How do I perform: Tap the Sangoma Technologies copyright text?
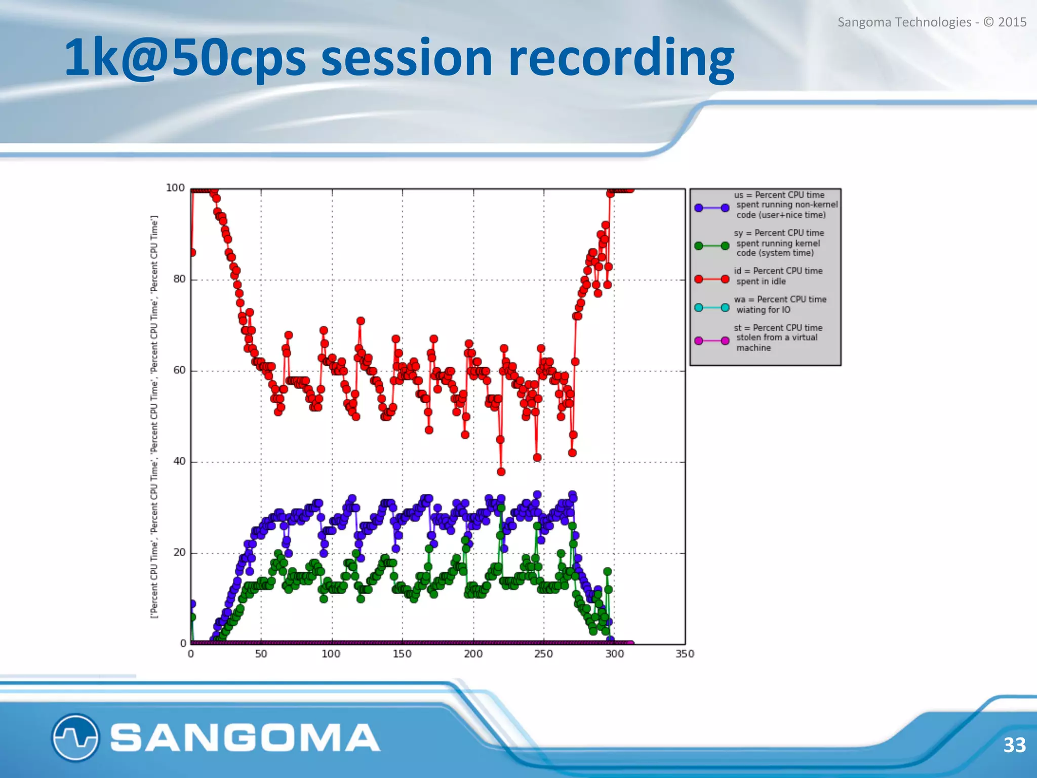932,22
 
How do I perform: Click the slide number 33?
1014,745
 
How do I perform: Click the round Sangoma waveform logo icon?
75,737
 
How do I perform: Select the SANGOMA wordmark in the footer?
245,737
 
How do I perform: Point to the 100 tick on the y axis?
175,188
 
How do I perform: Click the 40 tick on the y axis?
179,461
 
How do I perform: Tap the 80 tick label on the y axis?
179,279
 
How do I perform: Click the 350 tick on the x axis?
685,654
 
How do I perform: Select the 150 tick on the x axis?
402,654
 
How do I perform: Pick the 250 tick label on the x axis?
543,654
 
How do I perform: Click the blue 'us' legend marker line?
711,208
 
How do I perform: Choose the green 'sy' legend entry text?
779,243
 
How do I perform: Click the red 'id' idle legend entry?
778,276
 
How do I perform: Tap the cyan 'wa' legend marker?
711,308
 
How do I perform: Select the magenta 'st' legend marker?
711,341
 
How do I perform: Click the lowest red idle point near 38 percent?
501,472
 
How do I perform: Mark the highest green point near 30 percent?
501,508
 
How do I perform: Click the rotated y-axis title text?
154,416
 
